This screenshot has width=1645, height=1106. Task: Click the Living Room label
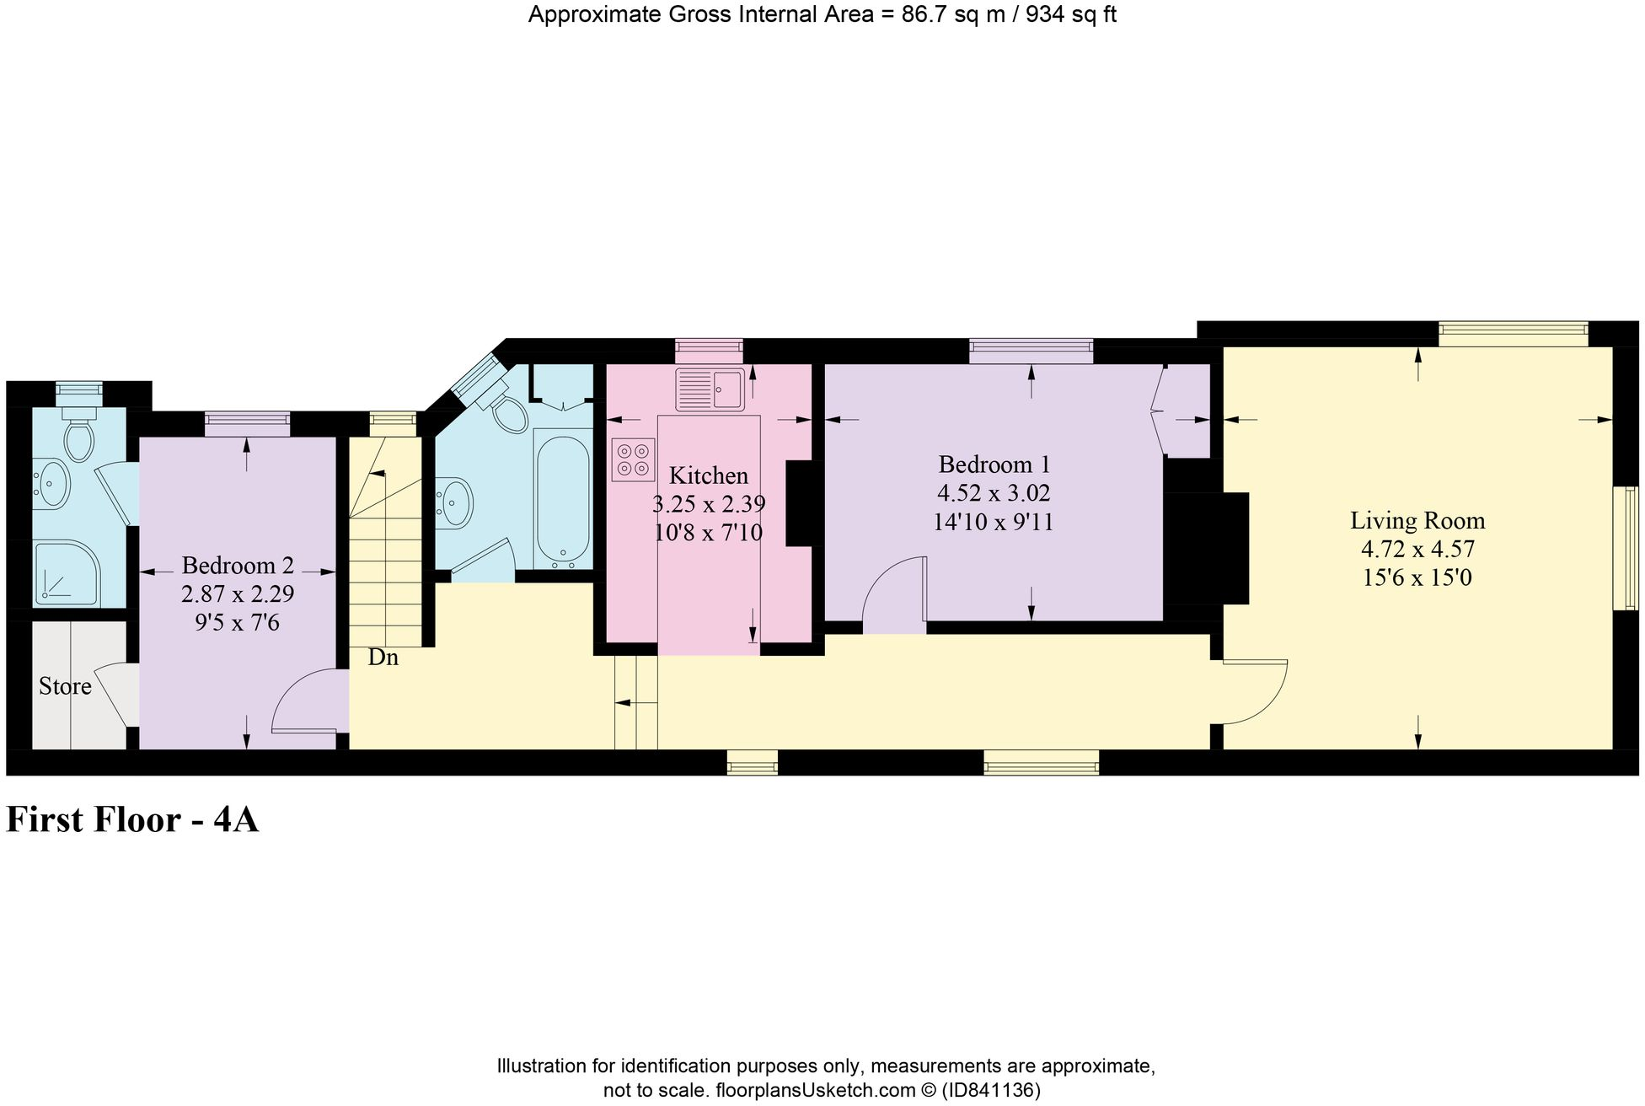(x=1417, y=521)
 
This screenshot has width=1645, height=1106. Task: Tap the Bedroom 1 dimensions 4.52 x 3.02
(x=994, y=493)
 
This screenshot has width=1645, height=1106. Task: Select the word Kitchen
(x=708, y=475)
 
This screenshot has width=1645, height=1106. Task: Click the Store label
(x=65, y=686)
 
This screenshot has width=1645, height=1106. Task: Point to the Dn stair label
(x=383, y=658)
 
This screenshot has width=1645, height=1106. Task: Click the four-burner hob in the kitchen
(x=633, y=459)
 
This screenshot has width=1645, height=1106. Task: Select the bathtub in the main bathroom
(x=563, y=497)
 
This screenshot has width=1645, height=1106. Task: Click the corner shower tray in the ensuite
(x=66, y=573)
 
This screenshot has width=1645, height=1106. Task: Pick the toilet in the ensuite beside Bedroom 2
(x=78, y=435)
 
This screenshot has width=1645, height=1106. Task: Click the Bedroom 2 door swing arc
(x=308, y=700)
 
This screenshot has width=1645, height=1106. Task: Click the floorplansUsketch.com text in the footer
(x=815, y=1090)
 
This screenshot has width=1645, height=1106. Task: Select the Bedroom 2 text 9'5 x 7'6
(x=237, y=623)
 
